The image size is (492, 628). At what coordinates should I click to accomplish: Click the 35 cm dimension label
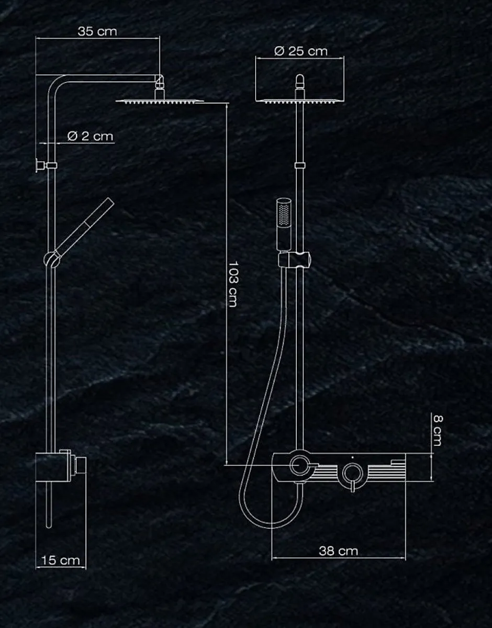coord(97,31)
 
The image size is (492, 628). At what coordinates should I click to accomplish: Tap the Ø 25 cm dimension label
coord(301,51)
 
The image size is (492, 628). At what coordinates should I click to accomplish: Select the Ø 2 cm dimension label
coord(90,136)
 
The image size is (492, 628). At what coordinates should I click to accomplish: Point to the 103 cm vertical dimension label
coord(232,284)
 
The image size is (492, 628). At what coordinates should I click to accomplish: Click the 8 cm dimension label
coord(437,431)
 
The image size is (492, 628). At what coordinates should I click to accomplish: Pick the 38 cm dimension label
coord(338,551)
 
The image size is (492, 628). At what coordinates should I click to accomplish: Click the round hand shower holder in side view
coord(52,259)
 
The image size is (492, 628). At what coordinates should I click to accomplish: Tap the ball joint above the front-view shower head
coord(300,81)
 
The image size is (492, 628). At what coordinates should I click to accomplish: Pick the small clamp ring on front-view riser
coord(300,165)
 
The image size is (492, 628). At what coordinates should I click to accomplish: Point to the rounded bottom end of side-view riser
coord(49,526)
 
